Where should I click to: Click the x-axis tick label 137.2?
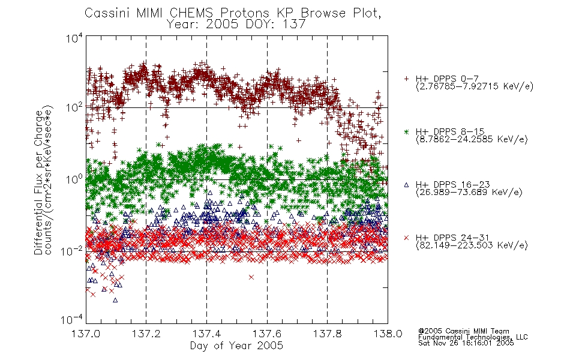click(x=146, y=334)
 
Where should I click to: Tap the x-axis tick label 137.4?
click(x=206, y=334)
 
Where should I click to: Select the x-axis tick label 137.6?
click(x=267, y=334)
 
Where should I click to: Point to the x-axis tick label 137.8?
click(x=327, y=334)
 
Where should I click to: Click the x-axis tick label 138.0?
click(x=388, y=334)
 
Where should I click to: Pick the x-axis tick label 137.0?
click(x=86, y=334)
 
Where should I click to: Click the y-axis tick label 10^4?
click(x=74, y=38)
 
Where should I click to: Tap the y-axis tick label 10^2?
click(x=74, y=107)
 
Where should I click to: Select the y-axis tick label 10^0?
click(x=74, y=179)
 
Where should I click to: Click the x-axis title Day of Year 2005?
click(x=236, y=346)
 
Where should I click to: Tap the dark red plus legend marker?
click(x=406, y=79)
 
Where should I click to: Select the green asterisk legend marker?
click(x=406, y=131)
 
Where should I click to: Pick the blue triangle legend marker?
click(x=406, y=185)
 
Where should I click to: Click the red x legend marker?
click(x=406, y=238)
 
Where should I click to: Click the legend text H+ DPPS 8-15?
click(x=450, y=131)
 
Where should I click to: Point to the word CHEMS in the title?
click(x=191, y=13)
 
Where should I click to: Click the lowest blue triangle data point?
click(x=115, y=300)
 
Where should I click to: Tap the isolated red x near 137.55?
click(x=251, y=277)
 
